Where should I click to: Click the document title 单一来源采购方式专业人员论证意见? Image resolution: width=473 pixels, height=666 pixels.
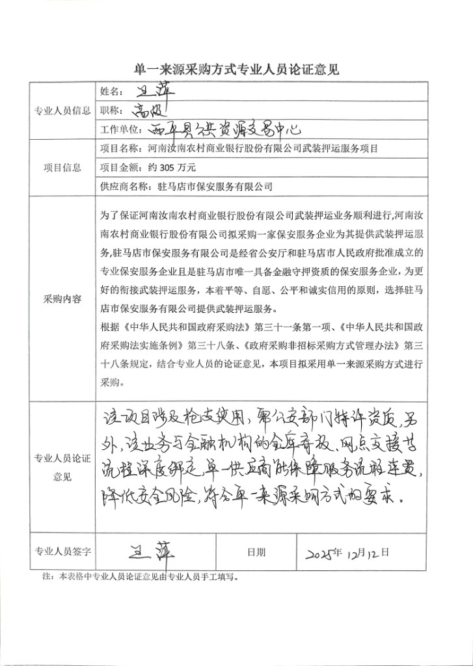(x=236, y=70)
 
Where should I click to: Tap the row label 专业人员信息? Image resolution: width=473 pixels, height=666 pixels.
(x=62, y=111)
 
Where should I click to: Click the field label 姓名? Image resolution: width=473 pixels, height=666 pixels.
(x=112, y=91)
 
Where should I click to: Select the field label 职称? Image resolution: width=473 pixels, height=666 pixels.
(x=112, y=110)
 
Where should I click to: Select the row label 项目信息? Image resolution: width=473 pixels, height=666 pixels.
(x=62, y=167)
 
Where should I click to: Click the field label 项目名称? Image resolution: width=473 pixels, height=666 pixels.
(x=120, y=148)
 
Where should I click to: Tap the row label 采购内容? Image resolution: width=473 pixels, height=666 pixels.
(x=62, y=299)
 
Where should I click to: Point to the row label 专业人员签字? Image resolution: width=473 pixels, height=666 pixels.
(x=62, y=551)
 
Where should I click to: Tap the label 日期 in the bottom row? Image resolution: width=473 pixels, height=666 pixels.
(x=256, y=552)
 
